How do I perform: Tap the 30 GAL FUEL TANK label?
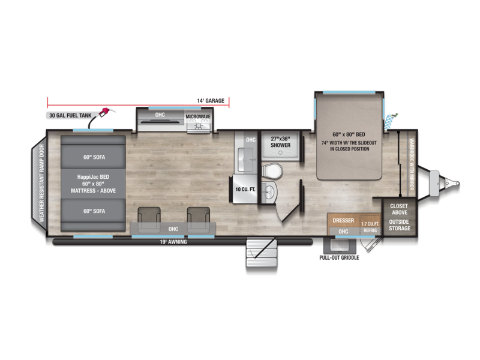click(x=70, y=115)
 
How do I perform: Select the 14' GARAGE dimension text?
click(x=211, y=101)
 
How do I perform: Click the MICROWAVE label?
click(x=198, y=116)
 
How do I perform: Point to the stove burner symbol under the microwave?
click(x=199, y=125)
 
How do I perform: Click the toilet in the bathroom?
click(x=272, y=171)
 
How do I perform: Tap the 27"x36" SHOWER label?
click(x=280, y=142)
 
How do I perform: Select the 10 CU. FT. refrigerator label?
click(x=245, y=190)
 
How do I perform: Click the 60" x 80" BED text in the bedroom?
click(x=349, y=134)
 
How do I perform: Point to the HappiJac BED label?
click(x=93, y=177)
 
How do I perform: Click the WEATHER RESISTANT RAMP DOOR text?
click(x=41, y=183)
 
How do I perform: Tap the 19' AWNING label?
click(x=173, y=242)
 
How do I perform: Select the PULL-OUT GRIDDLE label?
click(x=339, y=258)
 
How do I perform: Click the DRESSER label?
click(x=343, y=220)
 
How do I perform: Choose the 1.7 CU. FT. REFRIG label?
click(x=370, y=227)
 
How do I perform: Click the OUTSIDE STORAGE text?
click(x=400, y=225)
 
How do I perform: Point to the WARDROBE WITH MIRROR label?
click(x=412, y=164)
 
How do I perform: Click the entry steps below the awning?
click(x=262, y=253)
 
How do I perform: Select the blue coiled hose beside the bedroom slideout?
click(x=391, y=121)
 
